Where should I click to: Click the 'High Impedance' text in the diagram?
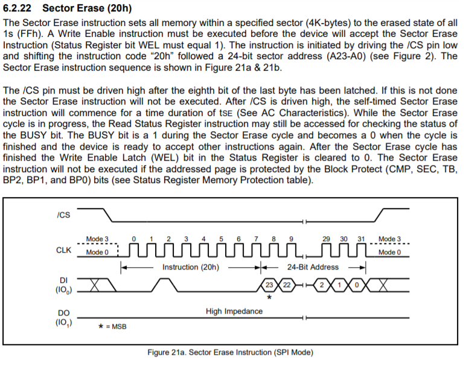point(234,311)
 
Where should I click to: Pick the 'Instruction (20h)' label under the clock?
point(190,266)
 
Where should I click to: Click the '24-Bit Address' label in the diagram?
point(313,266)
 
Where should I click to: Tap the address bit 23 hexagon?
point(270,285)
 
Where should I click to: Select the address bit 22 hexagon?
point(287,285)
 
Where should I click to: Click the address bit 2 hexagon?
point(323,285)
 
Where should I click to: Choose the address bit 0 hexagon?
point(357,285)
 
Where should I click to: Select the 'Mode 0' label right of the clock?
point(390,252)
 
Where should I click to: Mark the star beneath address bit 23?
point(269,297)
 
